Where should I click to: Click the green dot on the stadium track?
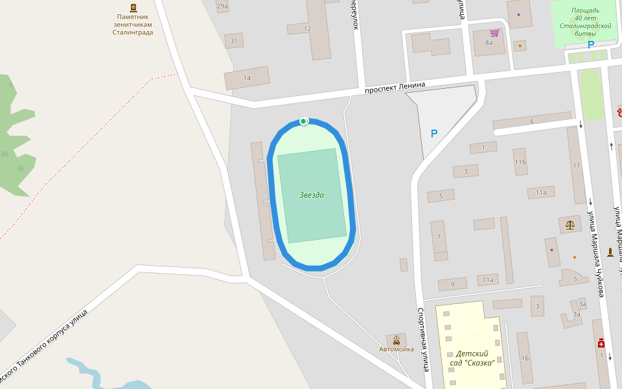coord(303,121)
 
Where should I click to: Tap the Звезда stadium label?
coord(312,195)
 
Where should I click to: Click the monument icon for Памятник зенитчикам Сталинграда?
coord(133,8)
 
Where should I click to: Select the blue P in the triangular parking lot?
coord(434,134)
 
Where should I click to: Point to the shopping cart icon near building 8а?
coord(495,32)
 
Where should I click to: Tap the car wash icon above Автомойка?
coord(396,340)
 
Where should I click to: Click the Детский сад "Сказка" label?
coord(472,358)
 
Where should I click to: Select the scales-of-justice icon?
coord(570,225)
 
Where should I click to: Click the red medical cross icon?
coord(601,343)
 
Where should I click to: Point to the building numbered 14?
coord(247,78)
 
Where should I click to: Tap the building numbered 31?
coord(234,41)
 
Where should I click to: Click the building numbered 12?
coord(308,29)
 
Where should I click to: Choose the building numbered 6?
coord(532,122)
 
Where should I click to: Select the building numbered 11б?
coord(520,162)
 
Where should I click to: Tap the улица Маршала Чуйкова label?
coord(596,253)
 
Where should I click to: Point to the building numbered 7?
coord(439,237)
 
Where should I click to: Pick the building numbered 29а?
coord(222,6)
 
